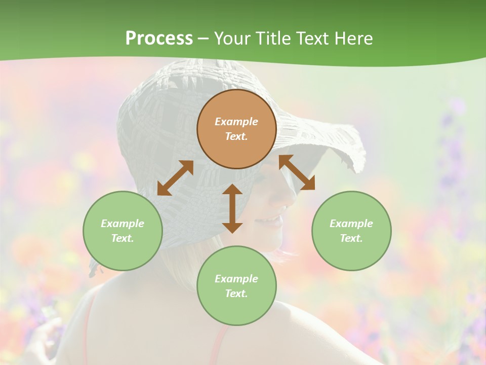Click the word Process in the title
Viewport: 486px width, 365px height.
coord(159,39)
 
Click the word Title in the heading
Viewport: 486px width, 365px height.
coord(272,39)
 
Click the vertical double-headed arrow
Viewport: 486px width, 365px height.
coord(232,208)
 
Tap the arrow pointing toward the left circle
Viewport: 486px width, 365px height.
coord(175,178)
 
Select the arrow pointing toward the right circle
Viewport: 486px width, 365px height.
coord(297,172)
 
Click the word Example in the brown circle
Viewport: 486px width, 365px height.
coord(236,122)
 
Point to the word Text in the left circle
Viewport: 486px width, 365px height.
coord(122,238)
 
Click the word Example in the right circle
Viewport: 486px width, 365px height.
coord(351,224)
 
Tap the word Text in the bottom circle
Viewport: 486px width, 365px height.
coord(236,294)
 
